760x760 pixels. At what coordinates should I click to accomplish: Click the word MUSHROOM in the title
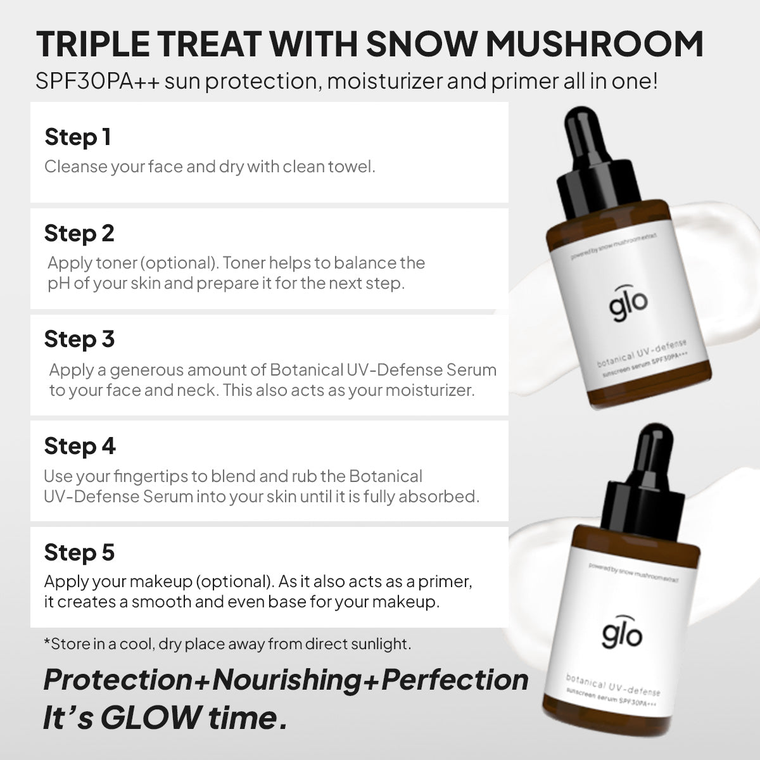pyautogui.click(x=594, y=44)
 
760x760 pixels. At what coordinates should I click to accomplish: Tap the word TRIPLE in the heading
pyautogui.click(x=93, y=44)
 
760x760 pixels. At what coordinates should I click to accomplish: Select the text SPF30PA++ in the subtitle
pyautogui.click(x=98, y=81)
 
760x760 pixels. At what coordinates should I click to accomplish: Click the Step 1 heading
pyautogui.click(x=78, y=137)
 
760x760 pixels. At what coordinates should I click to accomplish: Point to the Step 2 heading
pyautogui.click(x=79, y=234)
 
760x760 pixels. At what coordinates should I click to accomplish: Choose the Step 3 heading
pyautogui.click(x=79, y=339)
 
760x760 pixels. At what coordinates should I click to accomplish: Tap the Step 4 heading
pyautogui.click(x=80, y=446)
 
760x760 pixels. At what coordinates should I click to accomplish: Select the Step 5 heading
pyautogui.click(x=79, y=552)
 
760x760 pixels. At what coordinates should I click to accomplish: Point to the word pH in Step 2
pyautogui.click(x=59, y=284)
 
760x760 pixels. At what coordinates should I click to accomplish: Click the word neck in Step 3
pyautogui.click(x=197, y=391)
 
